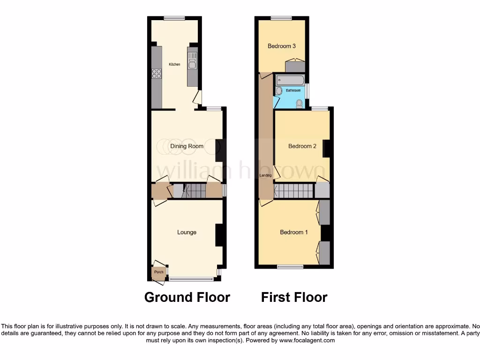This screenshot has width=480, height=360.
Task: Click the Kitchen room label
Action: [x=174, y=64]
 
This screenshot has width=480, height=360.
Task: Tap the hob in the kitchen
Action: [x=157, y=73]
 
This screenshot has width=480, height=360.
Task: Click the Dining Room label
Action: [x=187, y=146]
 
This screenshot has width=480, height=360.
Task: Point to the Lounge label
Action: [x=187, y=232]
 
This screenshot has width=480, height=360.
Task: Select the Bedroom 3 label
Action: [x=281, y=46]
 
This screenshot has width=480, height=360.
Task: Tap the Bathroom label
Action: [x=293, y=90]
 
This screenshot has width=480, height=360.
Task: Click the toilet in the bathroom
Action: [x=300, y=103]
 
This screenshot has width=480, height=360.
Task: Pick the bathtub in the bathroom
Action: [x=290, y=80]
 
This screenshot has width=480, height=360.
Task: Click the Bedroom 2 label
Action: [x=302, y=146]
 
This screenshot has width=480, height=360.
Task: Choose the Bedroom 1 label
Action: [x=294, y=232]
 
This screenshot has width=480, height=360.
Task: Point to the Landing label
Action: [x=266, y=175]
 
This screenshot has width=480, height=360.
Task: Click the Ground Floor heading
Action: [x=187, y=297]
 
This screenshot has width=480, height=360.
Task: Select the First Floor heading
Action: [x=294, y=297]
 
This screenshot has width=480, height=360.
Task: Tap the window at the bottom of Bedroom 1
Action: [x=290, y=267]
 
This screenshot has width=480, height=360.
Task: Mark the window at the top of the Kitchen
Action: [x=174, y=18]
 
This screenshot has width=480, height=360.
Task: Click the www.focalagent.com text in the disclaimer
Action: [x=307, y=340]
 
